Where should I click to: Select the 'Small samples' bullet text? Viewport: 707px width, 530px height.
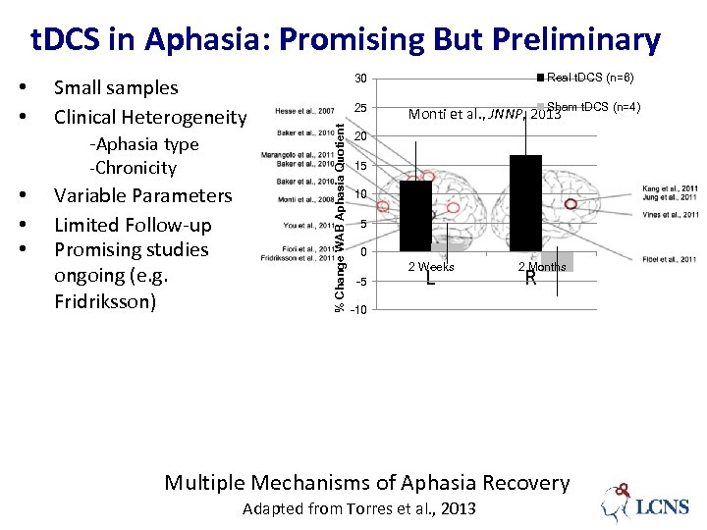tap(116, 87)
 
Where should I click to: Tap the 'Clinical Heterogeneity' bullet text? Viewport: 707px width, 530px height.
tap(150, 117)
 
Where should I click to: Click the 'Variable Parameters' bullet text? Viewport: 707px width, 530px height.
tap(142, 195)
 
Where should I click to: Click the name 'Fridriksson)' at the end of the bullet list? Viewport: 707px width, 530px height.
tap(105, 301)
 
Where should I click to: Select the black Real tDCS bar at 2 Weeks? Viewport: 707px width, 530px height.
tap(415, 216)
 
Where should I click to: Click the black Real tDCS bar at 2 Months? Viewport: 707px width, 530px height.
tap(525, 203)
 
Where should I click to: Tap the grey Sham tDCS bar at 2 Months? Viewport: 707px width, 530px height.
tap(557, 262)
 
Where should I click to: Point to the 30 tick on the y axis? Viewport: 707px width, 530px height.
tap(361, 79)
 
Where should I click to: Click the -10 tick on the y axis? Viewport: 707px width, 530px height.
tap(359, 310)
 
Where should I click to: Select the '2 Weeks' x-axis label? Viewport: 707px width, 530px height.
tap(431, 267)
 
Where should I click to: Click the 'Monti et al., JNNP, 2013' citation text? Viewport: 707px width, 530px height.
tap(484, 114)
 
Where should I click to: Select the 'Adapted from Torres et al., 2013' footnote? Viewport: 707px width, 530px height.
tap(358, 508)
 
